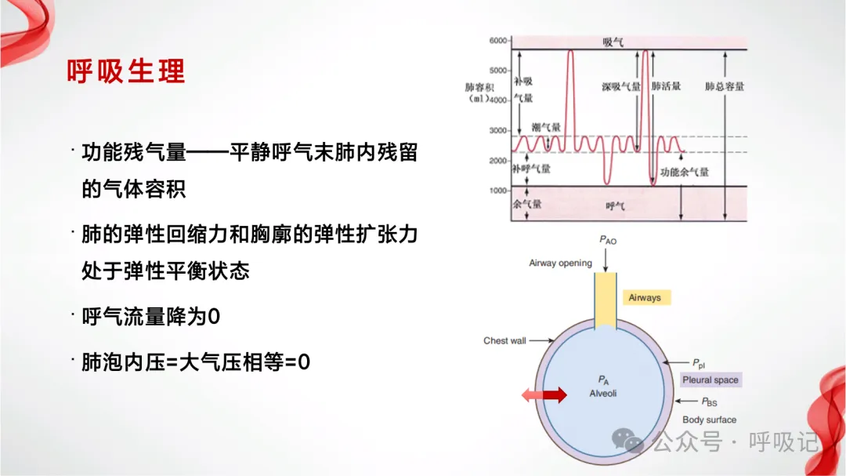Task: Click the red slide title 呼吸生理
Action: pos(126,71)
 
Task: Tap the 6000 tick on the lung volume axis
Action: pos(499,40)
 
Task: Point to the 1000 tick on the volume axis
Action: pos(499,191)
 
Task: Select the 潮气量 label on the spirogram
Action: pos(546,127)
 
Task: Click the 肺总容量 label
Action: pos(725,86)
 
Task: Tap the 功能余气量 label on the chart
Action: pos(684,172)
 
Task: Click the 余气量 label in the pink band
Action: pos(526,204)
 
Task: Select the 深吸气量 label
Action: pos(621,86)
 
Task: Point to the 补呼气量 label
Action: pos(531,169)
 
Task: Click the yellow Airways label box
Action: pos(645,298)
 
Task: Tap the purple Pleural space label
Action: pos(710,380)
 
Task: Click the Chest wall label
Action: pos(504,340)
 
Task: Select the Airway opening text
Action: pos(560,263)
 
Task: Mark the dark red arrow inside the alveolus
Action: pos(554,395)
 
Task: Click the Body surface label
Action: pos(709,420)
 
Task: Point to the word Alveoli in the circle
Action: pos(602,393)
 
